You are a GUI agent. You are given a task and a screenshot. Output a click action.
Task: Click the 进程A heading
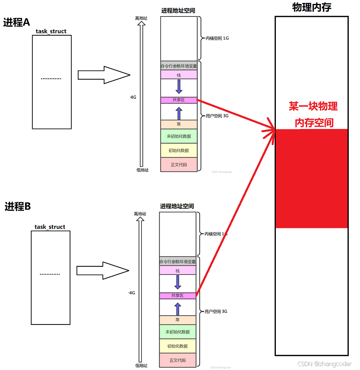17,22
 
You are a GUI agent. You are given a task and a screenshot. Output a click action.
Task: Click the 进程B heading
18,206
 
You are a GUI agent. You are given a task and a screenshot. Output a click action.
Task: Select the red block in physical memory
311,178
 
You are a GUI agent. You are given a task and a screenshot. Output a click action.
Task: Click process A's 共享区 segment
179,100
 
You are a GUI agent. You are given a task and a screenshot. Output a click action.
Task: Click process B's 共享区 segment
178,296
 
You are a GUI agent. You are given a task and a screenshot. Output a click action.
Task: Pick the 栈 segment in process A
179,75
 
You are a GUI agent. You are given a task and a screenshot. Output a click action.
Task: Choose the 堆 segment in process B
178,319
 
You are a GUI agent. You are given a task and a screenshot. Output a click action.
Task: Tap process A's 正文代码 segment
179,165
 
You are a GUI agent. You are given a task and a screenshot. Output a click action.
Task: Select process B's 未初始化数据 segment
178,332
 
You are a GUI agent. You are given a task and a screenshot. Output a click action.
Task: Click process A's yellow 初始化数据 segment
179,150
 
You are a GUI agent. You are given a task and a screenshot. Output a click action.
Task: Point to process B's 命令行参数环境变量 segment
178,261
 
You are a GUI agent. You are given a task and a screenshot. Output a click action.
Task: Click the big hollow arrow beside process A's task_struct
103,75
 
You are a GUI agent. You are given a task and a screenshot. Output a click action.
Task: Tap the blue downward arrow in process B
178,282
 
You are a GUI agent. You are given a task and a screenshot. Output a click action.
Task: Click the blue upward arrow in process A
179,113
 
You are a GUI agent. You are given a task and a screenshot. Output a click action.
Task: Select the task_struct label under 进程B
50,227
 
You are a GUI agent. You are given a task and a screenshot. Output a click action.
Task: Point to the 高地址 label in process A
141,18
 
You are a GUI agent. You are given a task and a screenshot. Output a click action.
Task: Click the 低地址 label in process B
140,365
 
